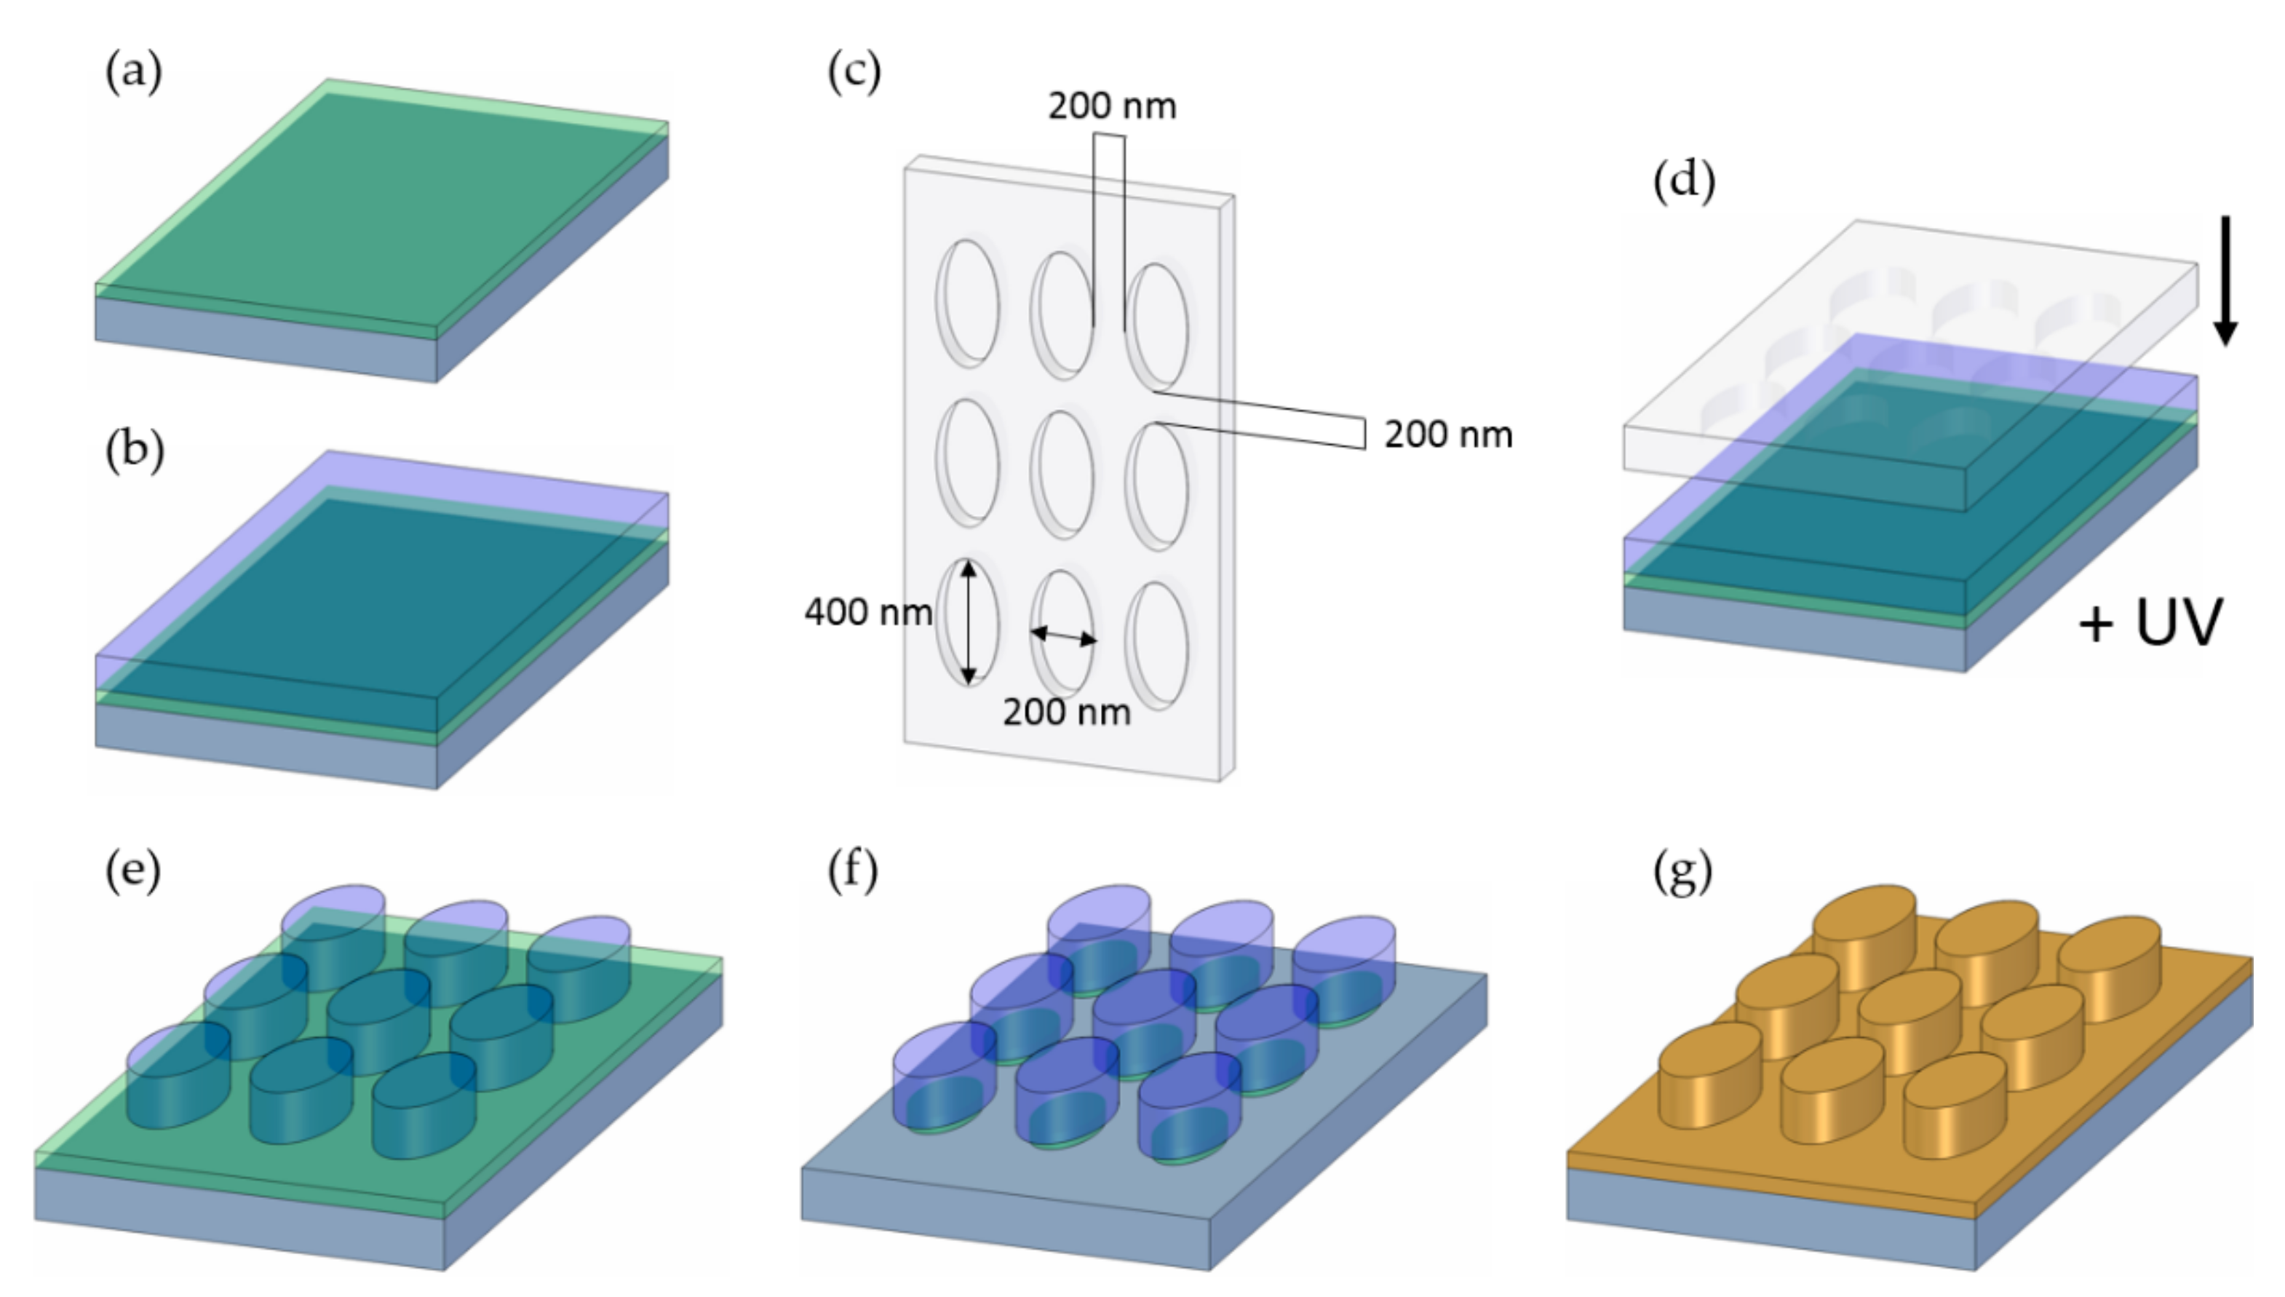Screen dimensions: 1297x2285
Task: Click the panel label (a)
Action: click(x=134, y=71)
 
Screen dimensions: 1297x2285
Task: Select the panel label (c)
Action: click(x=853, y=71)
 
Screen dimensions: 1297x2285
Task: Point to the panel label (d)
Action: click(x=1683, y=182)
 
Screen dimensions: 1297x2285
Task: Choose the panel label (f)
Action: click(x=852, y=870)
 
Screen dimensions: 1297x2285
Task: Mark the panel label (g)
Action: click(x=1682, y=872)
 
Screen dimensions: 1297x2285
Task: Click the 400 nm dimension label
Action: click(x=867, y=612)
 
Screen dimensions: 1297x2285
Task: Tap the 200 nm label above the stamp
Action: click(x=1111, y=106)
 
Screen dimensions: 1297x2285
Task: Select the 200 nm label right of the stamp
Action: click(x=1448, y=435)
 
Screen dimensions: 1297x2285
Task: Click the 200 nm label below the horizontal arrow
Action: click(x=1066, y=712)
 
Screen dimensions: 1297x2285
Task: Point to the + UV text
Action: click(x=2150, y=623)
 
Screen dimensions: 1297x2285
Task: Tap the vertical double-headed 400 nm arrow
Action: click(x=969, y=621)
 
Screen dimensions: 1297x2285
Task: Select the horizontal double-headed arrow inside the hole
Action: click(x=1063, y=636)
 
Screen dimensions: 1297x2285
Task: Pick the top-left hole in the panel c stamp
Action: click(x=968, y=302)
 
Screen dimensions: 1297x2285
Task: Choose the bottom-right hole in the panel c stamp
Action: click(x=1158, y=646)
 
